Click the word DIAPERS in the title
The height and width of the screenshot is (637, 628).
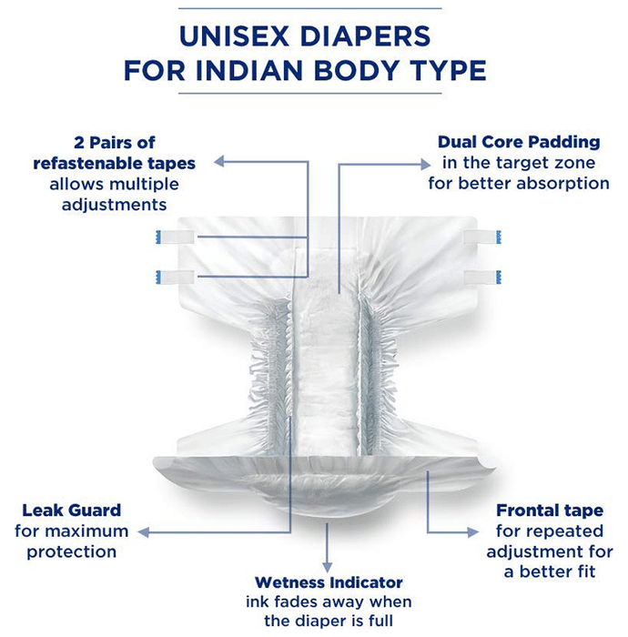(365, 36)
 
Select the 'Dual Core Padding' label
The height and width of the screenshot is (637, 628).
(519, 142)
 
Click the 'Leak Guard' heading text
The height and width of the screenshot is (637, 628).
(72, 511)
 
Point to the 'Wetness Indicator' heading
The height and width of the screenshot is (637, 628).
(329, 582)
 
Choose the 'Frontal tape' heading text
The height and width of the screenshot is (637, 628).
(550, 511)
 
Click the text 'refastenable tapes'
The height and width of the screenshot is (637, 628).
(114, 163)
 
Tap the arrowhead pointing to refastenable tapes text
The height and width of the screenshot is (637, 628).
(219, 162)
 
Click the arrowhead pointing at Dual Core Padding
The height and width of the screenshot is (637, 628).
(426, 164)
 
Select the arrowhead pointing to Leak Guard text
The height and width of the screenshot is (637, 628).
(143, 532)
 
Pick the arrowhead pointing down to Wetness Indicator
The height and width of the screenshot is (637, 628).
(327, 568)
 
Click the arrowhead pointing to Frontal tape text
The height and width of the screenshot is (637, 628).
(473, 532)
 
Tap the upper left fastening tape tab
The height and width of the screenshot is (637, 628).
(175, 237)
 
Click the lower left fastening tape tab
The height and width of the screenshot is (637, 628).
(175, 277)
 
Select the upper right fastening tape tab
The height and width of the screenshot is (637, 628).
(482, 237)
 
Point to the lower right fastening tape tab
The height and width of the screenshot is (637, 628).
(482, 277)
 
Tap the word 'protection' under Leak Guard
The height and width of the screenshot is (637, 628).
(72, 552)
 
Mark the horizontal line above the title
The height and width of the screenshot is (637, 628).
(310, 8)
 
